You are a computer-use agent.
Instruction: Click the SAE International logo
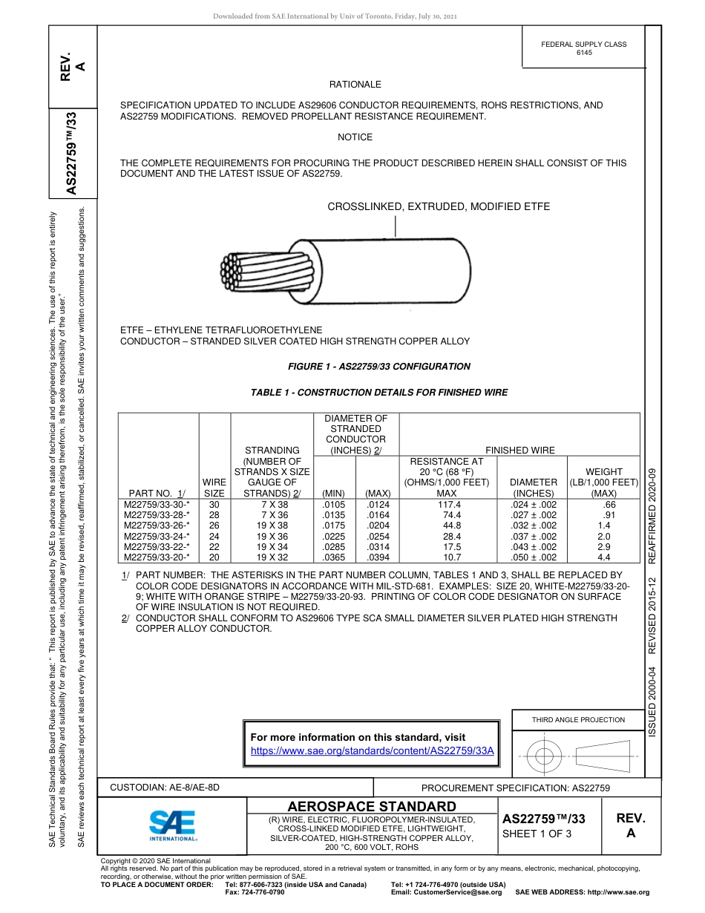pyautogui.click(x=172, y=825)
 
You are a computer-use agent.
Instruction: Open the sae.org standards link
pyautogui.click(x=373, y=750)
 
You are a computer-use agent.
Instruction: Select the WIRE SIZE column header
pyautogui.click(x=214, y=487)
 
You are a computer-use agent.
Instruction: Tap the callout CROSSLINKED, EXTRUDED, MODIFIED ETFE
pyautogui.click(x=439, y=206)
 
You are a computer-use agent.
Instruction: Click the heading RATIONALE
pyautogui.click(x=355, y=85)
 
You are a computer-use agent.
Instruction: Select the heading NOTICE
pyautogui.click(x=355, y=137)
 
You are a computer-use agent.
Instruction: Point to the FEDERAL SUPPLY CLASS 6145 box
pyautogui.click(x=583, y=48)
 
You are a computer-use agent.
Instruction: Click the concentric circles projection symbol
pyautogui.click(x=545, y=756)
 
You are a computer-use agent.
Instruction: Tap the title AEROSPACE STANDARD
pyautogui.click(x=372, y=806)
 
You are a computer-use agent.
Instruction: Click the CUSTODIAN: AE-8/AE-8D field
pyautogui.click(x=165, y=787)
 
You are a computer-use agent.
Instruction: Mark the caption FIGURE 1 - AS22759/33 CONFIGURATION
pyautogui.click(x=378, y=366)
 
